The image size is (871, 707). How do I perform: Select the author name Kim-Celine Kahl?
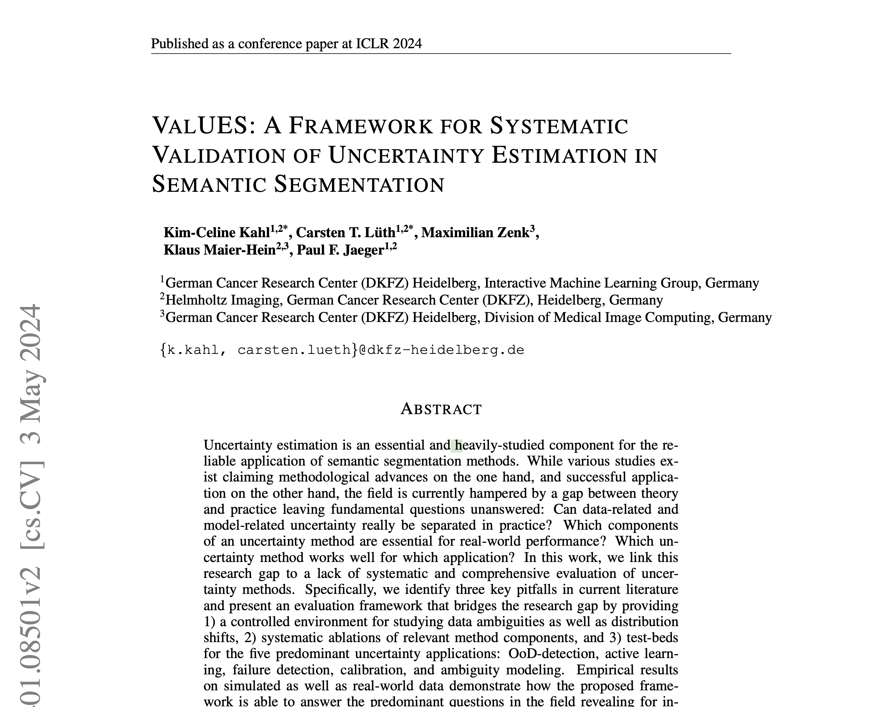click(217, 233)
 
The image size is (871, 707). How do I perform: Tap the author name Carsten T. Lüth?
click(345, 233)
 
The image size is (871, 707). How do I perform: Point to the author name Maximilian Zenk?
click(475, 233)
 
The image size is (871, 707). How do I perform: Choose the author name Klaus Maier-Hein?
click(220, 250)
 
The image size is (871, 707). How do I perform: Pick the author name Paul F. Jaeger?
click(340, 250)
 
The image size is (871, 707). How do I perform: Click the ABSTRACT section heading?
click(441, 409)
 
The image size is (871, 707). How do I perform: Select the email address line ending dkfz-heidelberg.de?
click(343, 350)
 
